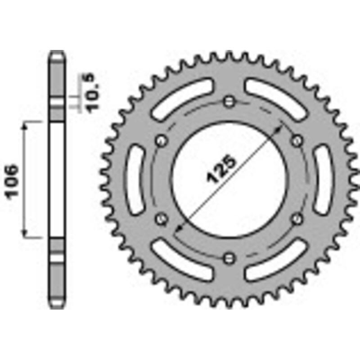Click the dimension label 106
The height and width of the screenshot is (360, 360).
pos(12,180)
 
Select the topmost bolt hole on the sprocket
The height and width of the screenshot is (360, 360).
pos(229,101)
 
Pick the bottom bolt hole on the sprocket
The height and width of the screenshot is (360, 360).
pos(229,258)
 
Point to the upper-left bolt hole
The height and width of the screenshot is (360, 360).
pos(161,140)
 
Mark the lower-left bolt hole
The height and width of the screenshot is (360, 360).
pos(161,219)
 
